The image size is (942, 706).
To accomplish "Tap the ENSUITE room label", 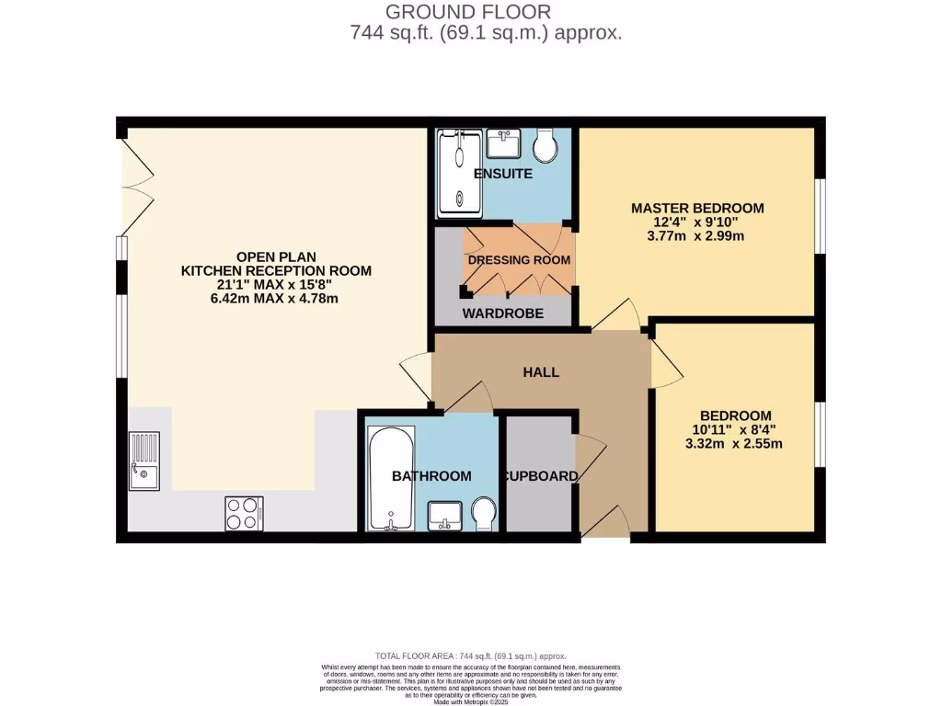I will click(502, 174).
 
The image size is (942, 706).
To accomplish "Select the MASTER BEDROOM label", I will click(696, 208).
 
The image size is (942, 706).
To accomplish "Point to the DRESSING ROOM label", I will click(519, 260).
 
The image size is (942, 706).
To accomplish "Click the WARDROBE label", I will click(502, 313).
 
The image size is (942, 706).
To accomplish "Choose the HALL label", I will click(541, 372).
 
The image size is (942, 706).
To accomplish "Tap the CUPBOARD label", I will click(540, 476).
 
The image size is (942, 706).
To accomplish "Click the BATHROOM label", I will click(431, 476).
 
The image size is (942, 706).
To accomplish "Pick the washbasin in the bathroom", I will click(445, 516).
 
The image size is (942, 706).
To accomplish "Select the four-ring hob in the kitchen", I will click(244, 513).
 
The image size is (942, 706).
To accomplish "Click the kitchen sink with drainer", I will click(144, 461).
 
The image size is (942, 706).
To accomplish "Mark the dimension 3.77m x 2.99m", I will click(696, 235).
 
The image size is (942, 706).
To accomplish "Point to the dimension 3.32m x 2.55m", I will click(735, 444).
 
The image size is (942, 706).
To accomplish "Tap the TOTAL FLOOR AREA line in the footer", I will click(470, 655).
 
